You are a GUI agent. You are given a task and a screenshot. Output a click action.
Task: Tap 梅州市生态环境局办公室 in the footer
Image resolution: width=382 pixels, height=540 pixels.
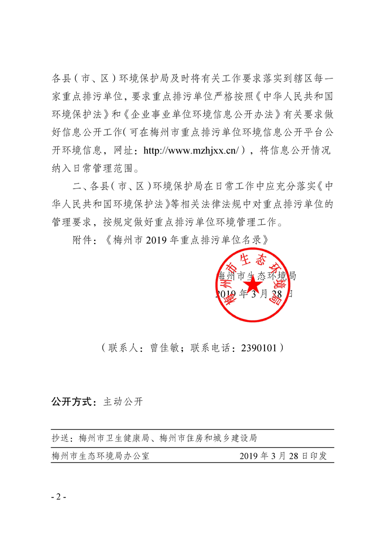(x=100, y=456)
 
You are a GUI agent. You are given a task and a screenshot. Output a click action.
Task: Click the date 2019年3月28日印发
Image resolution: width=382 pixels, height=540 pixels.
(x=283, y=456)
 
